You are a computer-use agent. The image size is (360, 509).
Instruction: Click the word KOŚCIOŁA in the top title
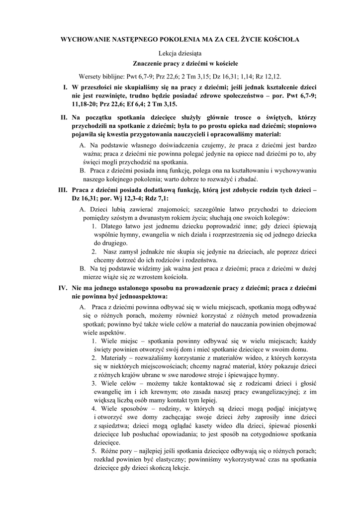tap(281, 38)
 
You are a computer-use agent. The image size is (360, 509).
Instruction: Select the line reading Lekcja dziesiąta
tap(180, 53)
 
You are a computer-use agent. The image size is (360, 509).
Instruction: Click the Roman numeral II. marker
tap(64, 117)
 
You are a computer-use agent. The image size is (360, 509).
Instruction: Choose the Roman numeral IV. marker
tap(63, 287)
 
